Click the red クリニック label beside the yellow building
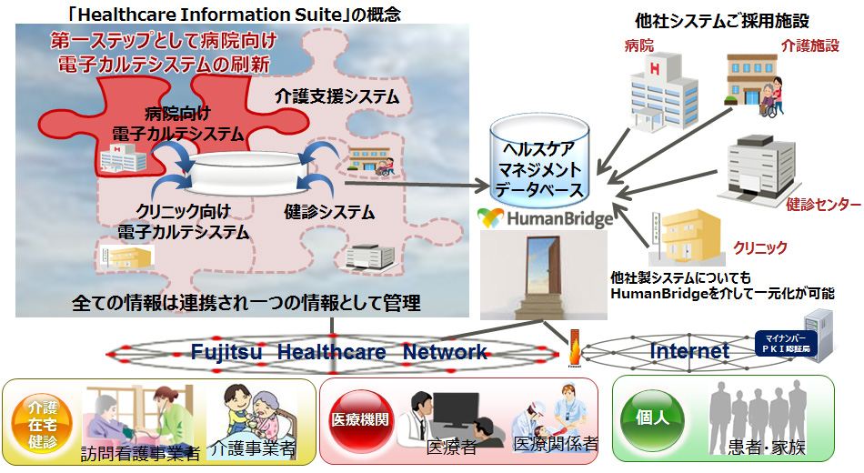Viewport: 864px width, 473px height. pyautogui.click(x=759, y=247)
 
